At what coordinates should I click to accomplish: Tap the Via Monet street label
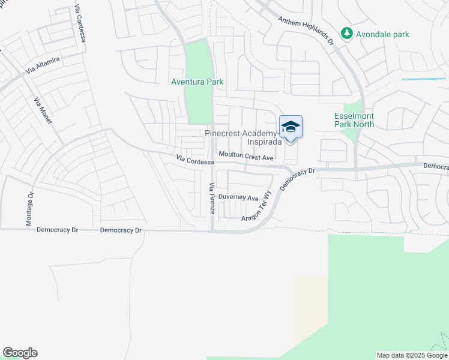click(44, 110)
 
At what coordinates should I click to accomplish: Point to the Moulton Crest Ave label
click(246, 157)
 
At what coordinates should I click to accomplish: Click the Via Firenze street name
click(211, 199)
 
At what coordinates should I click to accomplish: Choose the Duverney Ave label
click(238, 197)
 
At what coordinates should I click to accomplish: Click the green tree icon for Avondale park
click(346, 34)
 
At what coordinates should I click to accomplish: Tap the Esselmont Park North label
click(354, 120)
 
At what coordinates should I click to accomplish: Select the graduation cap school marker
click(291, 127)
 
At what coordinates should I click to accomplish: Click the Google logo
click(20, 353)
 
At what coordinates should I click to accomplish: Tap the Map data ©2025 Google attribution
click(411, 355)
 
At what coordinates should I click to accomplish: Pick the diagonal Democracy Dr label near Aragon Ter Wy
click(297, 179)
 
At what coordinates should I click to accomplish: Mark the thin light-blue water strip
click(424, 79)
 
